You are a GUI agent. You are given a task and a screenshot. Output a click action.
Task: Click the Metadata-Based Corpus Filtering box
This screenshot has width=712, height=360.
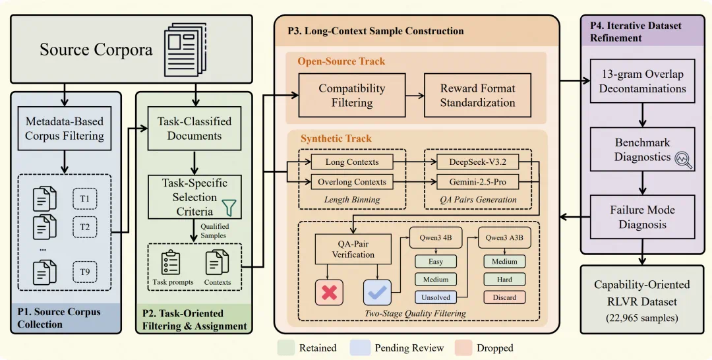click(65, 129)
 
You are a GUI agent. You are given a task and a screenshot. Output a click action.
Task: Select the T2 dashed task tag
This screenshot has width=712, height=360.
click(85, 227)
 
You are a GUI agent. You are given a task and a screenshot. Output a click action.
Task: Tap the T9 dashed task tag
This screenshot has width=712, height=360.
click(85, 272)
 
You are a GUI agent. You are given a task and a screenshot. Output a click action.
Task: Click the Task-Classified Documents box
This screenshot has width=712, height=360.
click(194, 129)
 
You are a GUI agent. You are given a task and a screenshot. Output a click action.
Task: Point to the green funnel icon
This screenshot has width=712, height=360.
click(229, 207)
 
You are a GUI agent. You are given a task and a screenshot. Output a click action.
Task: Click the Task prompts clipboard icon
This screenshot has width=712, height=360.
click(171, 262)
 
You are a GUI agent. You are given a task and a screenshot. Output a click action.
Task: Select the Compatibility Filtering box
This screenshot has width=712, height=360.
click(352, 96)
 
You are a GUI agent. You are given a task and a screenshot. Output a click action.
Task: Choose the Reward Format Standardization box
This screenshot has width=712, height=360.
click(478, 96)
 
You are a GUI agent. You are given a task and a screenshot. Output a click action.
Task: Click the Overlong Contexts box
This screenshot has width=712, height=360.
click(352, 182)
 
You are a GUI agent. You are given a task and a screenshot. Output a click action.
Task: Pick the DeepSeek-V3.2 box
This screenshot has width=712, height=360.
click(478, 162)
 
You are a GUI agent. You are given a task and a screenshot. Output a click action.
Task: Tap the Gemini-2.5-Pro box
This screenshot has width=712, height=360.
click(478, 182)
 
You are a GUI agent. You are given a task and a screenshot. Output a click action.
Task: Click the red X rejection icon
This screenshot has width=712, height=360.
click(329, 292)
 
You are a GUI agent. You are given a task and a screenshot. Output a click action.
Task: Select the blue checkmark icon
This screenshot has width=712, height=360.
click(377, 292)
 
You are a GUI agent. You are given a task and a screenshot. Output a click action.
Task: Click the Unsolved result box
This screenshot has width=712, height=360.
click(436, 297)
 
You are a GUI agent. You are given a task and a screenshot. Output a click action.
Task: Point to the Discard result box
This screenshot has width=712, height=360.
click(504, 297)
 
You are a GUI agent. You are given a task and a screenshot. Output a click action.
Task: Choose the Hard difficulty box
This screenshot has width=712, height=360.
click(504, 280)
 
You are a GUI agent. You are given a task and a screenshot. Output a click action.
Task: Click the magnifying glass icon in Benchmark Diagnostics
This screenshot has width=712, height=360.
click(684, 160)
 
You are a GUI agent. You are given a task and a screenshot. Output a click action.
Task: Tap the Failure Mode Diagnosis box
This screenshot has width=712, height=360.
click(643, 217)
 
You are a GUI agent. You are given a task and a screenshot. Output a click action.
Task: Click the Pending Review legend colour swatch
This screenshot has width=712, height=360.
click(360, 347)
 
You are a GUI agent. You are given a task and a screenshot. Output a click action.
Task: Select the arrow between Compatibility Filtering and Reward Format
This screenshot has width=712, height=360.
click(415, 96)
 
